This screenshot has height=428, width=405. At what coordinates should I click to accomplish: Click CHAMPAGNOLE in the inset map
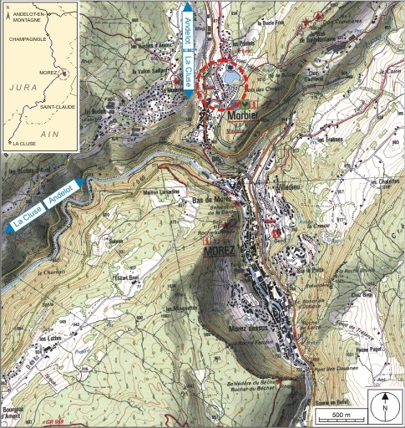tap(25, 38)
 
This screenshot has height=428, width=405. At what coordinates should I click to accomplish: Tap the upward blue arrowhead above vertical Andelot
tap(186, 8)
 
